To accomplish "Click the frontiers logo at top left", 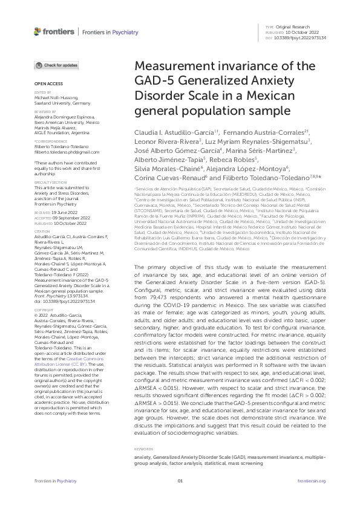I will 54,30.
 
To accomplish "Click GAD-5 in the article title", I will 154,82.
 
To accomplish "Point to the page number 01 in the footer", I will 180,498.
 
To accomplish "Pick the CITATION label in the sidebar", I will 41,231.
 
